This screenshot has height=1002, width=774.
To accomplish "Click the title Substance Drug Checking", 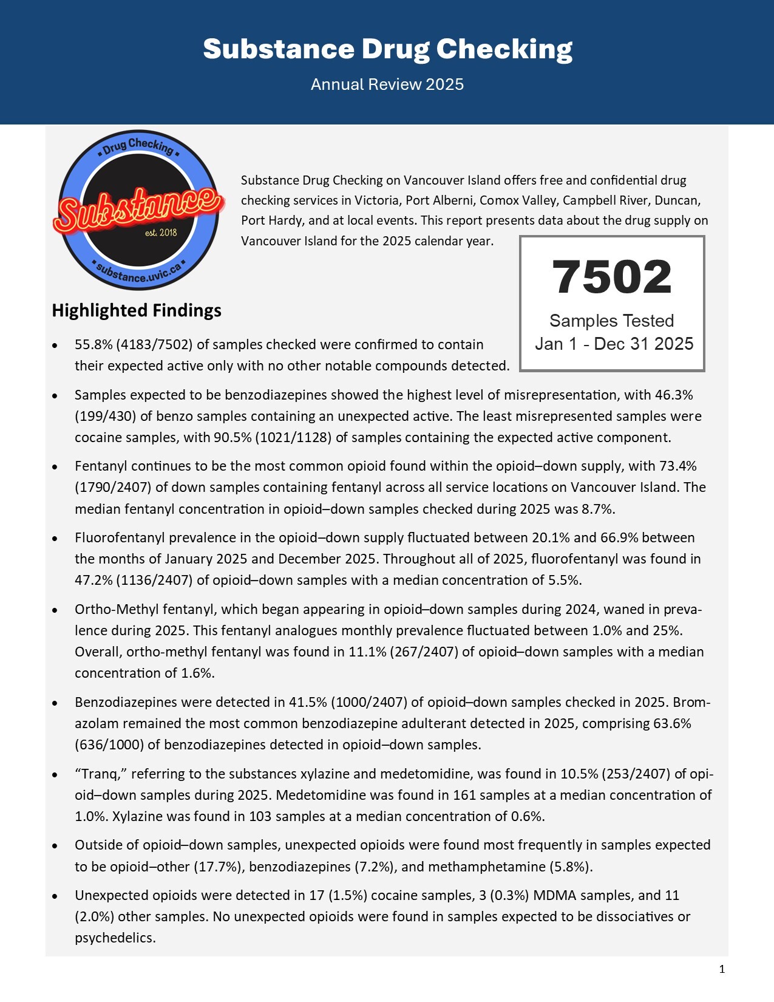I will (x=387, y=49).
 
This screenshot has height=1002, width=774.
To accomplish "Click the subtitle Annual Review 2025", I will (x=387, y=84).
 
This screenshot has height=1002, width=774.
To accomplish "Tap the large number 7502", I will (x=612, y=277).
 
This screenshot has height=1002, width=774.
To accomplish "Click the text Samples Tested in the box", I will (x=612, y=321).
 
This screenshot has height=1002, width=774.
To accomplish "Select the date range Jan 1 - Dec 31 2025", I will (x=614, y=344).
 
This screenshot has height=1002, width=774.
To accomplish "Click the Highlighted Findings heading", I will (x=137, y=310).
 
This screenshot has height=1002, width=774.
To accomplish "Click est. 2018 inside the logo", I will (x=161, y=233).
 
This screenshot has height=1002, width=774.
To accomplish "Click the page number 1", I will (x=722, y=969).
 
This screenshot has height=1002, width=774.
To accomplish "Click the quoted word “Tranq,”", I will (x=100, y=774).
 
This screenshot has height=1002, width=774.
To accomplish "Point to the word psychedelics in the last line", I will (x=114, y=938).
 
